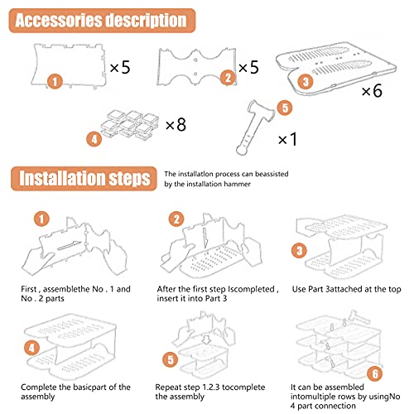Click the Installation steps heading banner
coord(84,178)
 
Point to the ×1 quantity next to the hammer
coord(286,138)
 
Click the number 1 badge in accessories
coord(55,81)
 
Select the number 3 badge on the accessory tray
coord(307,81)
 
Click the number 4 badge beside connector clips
coord(96,138)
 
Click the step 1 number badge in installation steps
coord(40,219)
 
